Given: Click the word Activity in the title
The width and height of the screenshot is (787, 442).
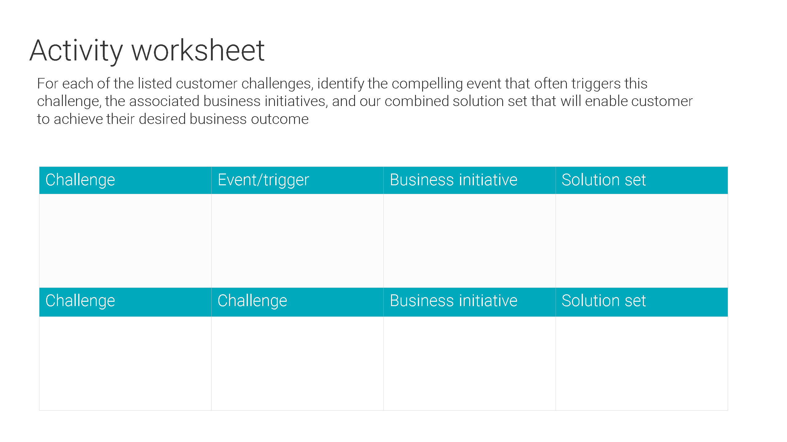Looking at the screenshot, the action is click(76, 51).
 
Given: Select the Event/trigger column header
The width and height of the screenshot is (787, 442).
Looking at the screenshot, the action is click(263, 180).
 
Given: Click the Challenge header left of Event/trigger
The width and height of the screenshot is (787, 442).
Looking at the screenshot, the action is click(80, 180).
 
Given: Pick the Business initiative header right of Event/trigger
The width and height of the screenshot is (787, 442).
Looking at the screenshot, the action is click(454, 180).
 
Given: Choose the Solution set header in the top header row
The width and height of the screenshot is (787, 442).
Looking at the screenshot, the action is click(603, 180).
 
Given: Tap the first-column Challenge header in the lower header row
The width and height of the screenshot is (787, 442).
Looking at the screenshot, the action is click(80, 301).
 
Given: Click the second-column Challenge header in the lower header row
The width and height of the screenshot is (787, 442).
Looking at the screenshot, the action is click(252, 301).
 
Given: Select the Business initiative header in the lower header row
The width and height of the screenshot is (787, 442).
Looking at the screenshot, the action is click(454, 301).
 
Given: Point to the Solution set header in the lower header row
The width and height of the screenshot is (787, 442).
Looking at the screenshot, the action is click(603, 301).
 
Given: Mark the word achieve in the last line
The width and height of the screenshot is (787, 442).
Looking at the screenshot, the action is click(78, 119).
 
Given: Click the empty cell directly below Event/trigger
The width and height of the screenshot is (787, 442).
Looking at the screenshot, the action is click(297, 241).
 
